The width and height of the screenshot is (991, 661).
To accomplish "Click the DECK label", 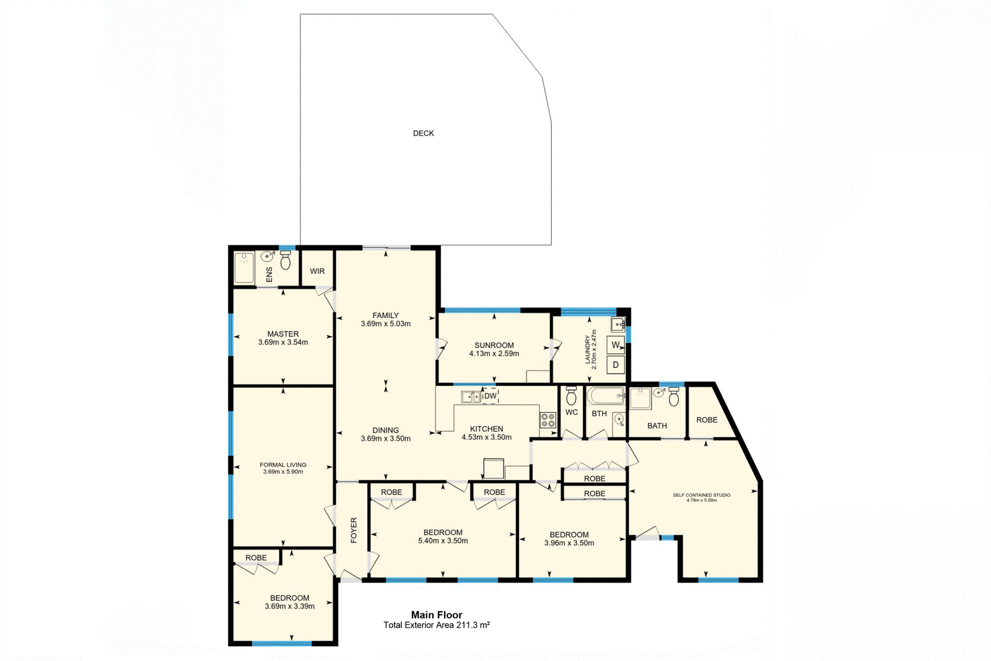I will [424, 133].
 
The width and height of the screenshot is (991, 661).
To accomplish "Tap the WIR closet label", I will [317, 271].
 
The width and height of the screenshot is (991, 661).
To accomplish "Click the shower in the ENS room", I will [244, 268].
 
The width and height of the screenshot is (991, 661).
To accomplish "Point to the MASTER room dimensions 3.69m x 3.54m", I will [283, 343].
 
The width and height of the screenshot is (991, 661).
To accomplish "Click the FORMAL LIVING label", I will [283, 465].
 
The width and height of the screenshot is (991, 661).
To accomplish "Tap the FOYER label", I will [354, 530].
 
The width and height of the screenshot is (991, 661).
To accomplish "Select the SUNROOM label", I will [494, 346].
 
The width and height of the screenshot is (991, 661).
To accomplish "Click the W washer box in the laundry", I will [616, 345].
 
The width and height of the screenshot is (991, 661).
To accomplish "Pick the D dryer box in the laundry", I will [616, 365].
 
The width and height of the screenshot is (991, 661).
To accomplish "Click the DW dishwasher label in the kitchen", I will [490, 396].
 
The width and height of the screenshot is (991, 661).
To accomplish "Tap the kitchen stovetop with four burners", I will [548, 420].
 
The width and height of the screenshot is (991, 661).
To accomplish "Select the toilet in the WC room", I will [571, 395].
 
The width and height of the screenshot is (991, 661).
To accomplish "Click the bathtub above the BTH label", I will [606, 395].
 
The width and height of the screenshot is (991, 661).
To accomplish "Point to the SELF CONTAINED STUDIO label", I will [702, 495].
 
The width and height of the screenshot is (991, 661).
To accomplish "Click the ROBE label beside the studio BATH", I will [707, 420].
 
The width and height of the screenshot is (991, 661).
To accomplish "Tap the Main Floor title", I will [437, 615].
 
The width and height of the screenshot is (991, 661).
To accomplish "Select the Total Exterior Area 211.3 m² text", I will [437, 625].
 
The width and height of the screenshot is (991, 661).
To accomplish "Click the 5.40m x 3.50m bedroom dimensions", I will [443, 541].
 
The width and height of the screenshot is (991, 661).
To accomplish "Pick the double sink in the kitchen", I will [471, 397].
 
